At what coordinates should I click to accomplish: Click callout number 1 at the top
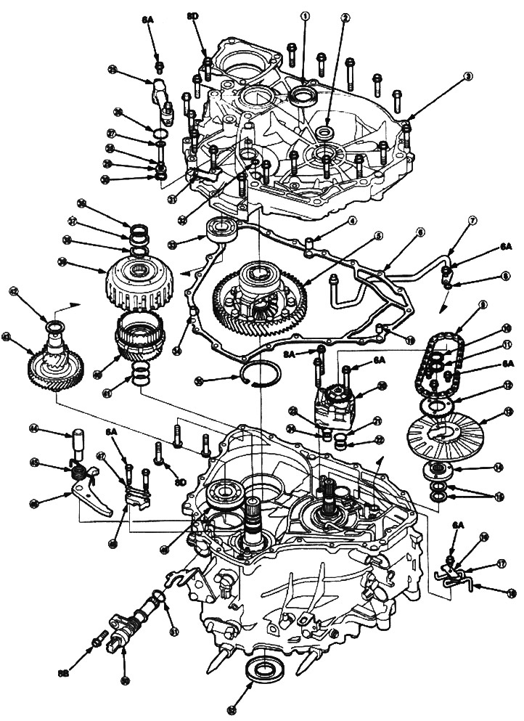(x=305, y=15)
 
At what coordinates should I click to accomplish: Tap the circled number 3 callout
(x=469, y=76)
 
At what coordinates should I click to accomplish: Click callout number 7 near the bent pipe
(x=472, y=219)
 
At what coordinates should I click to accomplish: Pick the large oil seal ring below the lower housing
(x=258, y=671)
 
